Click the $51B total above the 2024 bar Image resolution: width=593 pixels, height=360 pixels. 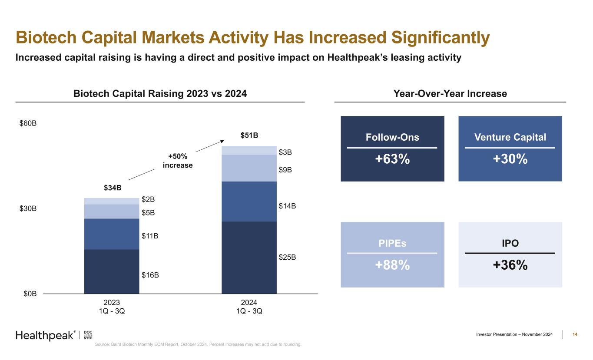coord(249,135)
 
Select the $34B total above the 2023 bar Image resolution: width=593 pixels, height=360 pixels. coord(112,188)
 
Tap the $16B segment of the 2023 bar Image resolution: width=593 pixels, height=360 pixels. coord(112,271)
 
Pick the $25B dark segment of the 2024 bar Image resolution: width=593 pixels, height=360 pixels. coord(249,258)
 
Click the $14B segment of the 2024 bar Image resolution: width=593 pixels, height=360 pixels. coord(249,201)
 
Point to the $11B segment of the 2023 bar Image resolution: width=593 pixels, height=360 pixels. coord(112,234)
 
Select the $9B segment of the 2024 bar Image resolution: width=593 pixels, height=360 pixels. coord(249,168)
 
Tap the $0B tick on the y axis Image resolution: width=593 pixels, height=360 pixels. coord(30,294)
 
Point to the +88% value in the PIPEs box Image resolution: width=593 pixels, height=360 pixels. coord(392,265)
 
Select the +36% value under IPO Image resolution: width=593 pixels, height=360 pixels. coord(510,265)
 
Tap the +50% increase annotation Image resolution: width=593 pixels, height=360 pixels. coord(177,161)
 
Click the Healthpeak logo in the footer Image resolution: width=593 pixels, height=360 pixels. coord(46,335)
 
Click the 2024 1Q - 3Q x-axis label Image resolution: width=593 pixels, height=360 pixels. coord(249,307)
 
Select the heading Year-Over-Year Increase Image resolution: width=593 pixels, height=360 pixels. coord(450,93)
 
